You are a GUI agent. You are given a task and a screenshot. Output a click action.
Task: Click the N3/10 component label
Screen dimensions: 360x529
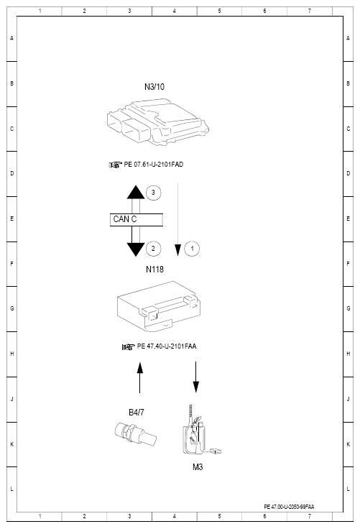(x=154, y=87)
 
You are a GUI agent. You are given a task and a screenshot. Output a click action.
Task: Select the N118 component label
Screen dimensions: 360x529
(x=154, y=270)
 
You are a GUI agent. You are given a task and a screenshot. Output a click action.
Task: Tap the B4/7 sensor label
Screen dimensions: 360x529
(x=137, y=413)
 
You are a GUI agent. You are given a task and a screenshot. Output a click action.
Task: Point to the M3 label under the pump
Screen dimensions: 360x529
(x=198, y=467)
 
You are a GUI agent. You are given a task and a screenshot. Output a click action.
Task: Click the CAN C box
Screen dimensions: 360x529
(x=137, y=220)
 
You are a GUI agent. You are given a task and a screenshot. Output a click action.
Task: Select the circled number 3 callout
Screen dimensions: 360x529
(x=153, y=193)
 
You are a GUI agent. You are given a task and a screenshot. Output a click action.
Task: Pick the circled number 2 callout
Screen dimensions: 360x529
(x=153, y=249)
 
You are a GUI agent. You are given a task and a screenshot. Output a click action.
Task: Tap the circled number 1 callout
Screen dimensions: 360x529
(x=192, y=249)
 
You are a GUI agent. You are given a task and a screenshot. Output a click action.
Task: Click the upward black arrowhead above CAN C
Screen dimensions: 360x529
(x=136, y=192)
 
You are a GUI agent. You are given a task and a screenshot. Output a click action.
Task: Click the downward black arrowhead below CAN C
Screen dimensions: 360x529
(x=136, y=249)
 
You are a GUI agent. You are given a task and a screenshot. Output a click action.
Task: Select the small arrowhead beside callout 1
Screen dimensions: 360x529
(x=177, y=250)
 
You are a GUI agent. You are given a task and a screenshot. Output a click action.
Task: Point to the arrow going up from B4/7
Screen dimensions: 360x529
(x=139, y=377)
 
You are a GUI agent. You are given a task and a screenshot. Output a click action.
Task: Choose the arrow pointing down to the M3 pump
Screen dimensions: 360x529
(x=195, y=377)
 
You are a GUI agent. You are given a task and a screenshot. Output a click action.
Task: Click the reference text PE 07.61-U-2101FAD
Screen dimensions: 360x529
(x=154, y=165)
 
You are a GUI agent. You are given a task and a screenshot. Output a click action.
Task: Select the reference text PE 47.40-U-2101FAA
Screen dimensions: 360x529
(x=167, y=346)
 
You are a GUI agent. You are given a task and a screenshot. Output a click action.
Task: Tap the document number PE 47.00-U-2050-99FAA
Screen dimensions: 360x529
(x=289, y=507)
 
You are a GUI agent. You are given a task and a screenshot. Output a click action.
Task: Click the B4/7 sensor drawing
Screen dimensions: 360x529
(x=135, y=434)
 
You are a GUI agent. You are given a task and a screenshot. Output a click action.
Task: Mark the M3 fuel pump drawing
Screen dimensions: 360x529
(x=199, y=430)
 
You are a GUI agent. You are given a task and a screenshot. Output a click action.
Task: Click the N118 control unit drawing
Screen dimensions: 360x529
(x=160, y=306)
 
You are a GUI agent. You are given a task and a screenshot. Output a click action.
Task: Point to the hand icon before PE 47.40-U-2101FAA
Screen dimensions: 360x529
(x=128, y=346)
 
